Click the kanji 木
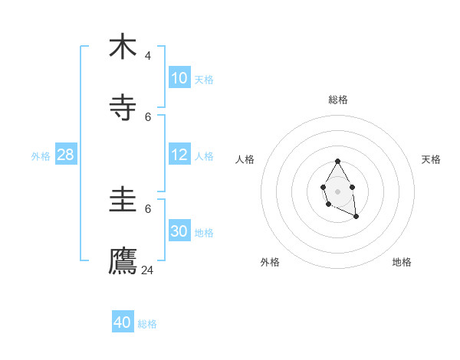(x=123, y=47)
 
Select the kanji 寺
(x=123, y=108)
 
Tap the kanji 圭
(x=123, y=200)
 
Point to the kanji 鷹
(x=123, y=261)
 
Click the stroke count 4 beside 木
(x=148, y=56)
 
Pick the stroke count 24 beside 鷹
(x=148, y=270)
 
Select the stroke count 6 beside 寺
(x=148, y=117)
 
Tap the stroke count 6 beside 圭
(x=148, y=208)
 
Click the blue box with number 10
(x=179, y=78)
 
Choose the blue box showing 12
(x=179, y=155)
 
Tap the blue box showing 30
(x=179, y=231)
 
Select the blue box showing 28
(x=66, y=155)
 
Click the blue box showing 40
(x=123, y=322)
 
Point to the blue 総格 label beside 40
(x=147, y=324)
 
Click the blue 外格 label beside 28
(x=41, y=156)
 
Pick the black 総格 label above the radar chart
(x=338, y=100)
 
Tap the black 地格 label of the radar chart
(x=402, y=262)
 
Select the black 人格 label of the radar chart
(x=245, y=159)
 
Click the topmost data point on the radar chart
(x=337, y=162)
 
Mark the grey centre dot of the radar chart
(x=337, y=191)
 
